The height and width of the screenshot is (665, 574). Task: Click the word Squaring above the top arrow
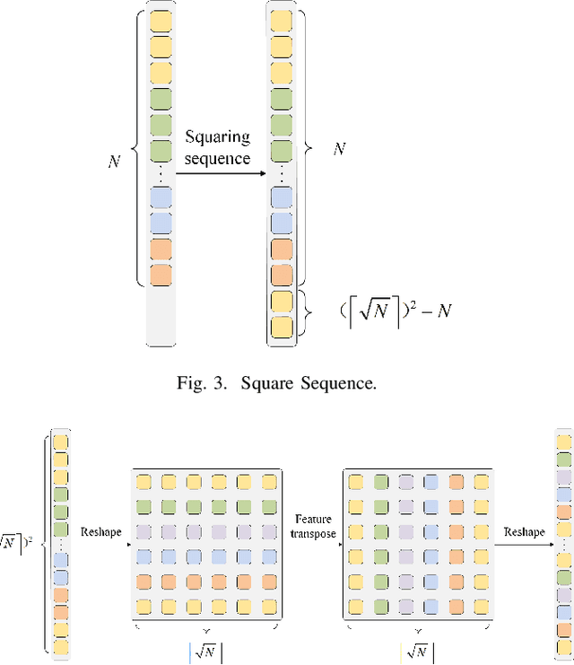click(x=218, y=137)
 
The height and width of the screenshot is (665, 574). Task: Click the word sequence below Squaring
click(x=218, y=159)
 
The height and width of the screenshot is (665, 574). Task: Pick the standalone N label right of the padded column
click(x=340, y=149)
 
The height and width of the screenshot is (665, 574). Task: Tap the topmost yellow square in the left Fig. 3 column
click(x=161, y=18)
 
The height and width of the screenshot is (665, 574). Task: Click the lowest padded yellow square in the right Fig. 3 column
click(x=282, y=327)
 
